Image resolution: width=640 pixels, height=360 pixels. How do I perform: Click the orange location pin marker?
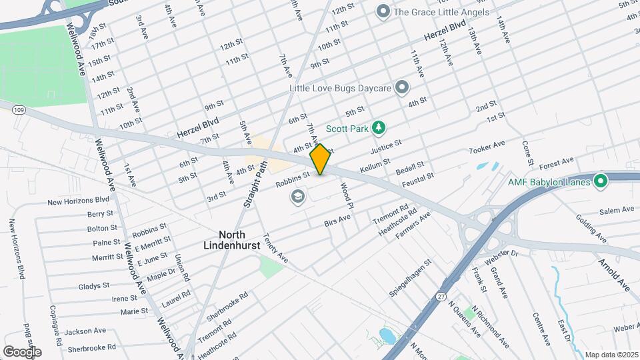(321, 159)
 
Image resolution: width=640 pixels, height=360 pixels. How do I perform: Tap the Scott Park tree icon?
(379, 127)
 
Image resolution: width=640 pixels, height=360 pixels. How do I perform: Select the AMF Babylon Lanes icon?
(600, 181)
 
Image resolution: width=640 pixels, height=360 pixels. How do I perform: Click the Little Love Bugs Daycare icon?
(401, 87)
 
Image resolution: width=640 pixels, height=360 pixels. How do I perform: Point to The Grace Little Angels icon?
(383, 11)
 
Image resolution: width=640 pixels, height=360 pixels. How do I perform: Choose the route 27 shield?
(442, 294)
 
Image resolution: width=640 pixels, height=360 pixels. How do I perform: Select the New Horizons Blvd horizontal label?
(79, 200)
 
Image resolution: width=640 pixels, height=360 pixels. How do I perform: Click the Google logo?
(22, 351)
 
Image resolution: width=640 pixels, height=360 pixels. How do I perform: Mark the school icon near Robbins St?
(297, 197)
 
